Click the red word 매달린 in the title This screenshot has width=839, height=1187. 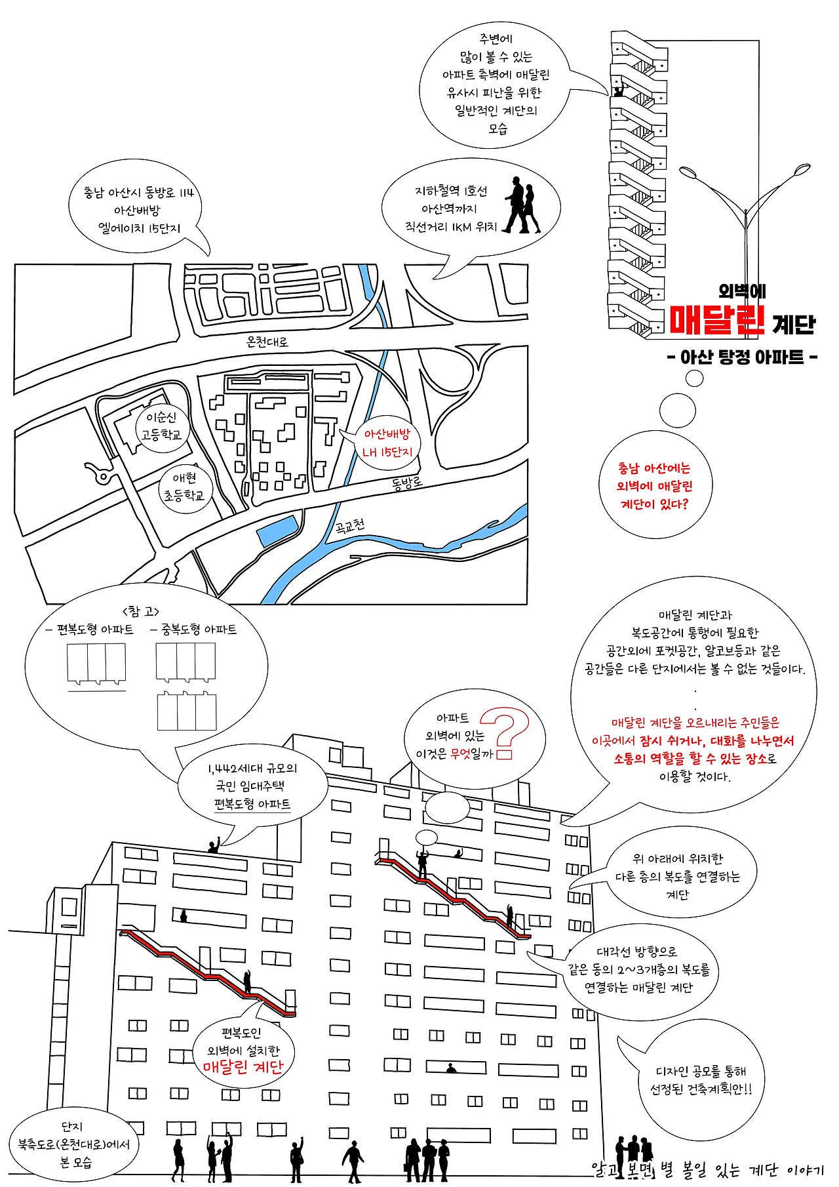point(717,320)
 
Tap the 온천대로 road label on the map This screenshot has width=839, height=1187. point(267,341)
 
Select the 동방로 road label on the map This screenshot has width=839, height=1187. point(407,483)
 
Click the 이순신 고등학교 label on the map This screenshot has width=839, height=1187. point(161,426)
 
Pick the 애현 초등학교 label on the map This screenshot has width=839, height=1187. point(184,487)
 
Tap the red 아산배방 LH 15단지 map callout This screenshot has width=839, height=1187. point(387,443)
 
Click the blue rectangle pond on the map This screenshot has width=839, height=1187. point(277,531)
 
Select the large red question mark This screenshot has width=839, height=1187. point(508,732)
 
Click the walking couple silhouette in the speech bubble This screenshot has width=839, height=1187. point(523,205)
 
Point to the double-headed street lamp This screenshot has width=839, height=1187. point(745,210)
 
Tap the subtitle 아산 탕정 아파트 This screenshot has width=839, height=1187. point(741,357)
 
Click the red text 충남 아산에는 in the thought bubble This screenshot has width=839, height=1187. point(654,468)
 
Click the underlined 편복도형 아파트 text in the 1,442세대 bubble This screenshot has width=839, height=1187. point(252,804)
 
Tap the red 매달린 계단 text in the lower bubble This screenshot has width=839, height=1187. point(243,1066)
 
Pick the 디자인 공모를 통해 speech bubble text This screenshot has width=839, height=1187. point(701,1072)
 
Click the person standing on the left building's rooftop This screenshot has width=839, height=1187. point(214,845)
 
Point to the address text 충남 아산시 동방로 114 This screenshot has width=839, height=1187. point(138,193)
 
